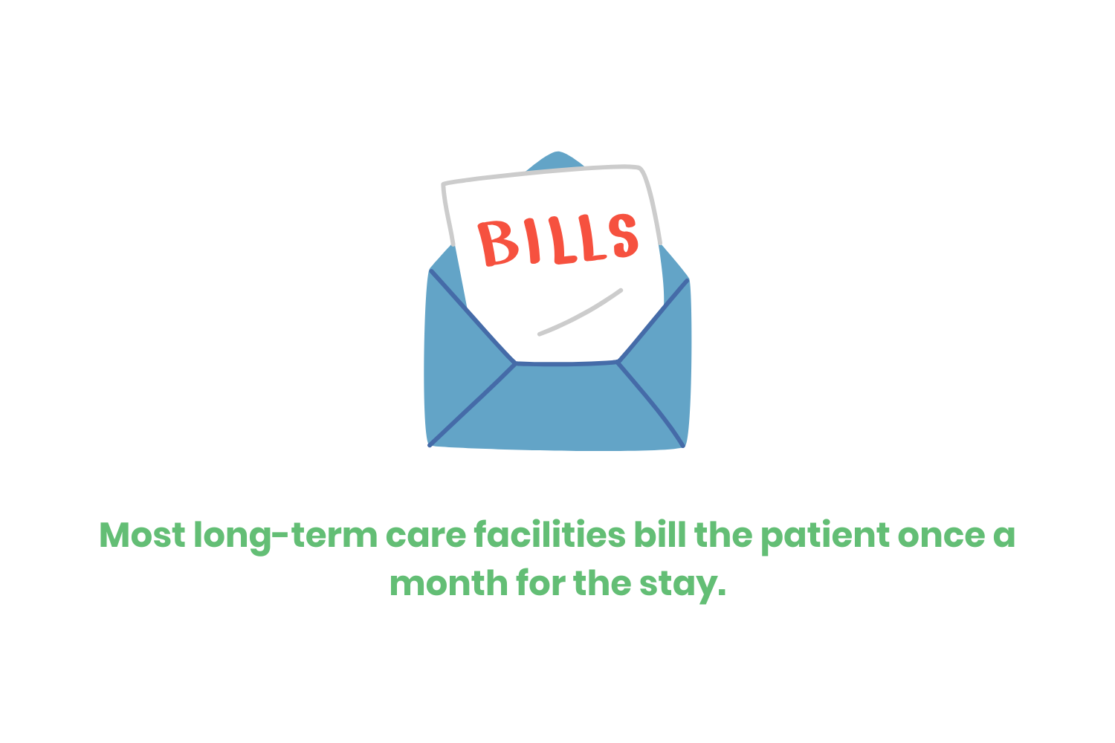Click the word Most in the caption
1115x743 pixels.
coord(142,535)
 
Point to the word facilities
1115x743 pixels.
coord(549,535)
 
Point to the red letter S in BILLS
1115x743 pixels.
coord(618,236)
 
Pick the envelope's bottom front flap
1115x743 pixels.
coord(557,409)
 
